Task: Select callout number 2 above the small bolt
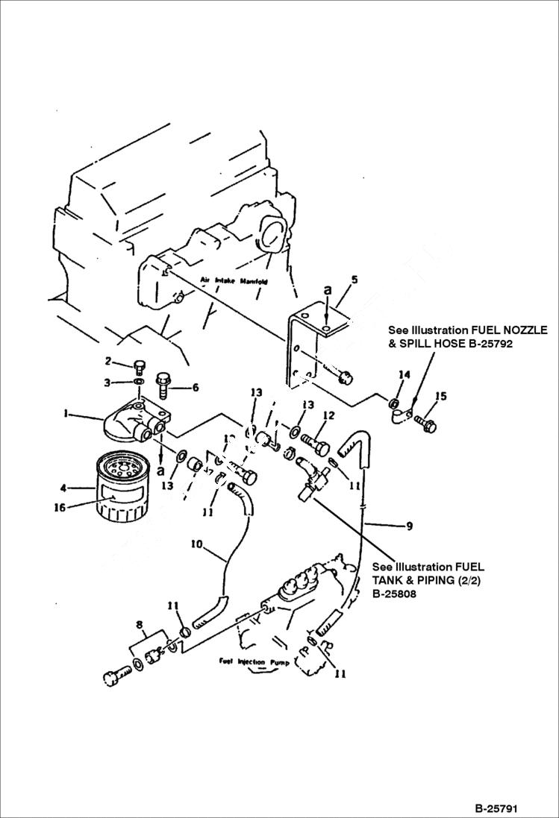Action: (109, 362)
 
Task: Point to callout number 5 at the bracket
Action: (355, 280)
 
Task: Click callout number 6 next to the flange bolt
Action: (196, 388)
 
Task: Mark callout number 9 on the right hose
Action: (409, 526)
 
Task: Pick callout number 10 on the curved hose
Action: (197, 546)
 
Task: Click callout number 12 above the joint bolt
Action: (328, 415)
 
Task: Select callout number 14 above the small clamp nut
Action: (404, 374)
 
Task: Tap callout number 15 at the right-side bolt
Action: (441, 397)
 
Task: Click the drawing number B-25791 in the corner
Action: (495, 808)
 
